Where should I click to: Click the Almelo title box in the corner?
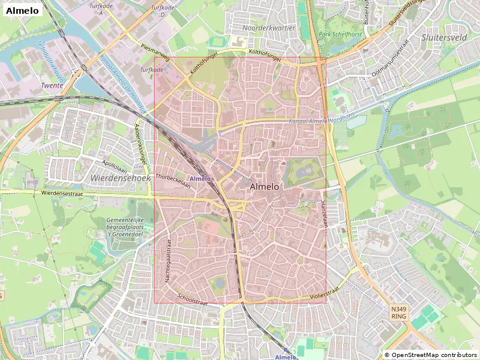pyautogui.click(x=22, y=10)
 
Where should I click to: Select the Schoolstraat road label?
pyautogui.click(x=193, y=298)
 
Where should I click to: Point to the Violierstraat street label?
pyautogui.click(x=325, y=292)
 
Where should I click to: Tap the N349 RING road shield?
pyautogui.click(x=399, y=312)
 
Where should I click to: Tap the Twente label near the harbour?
pyautogui.click(x=52, y=86)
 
